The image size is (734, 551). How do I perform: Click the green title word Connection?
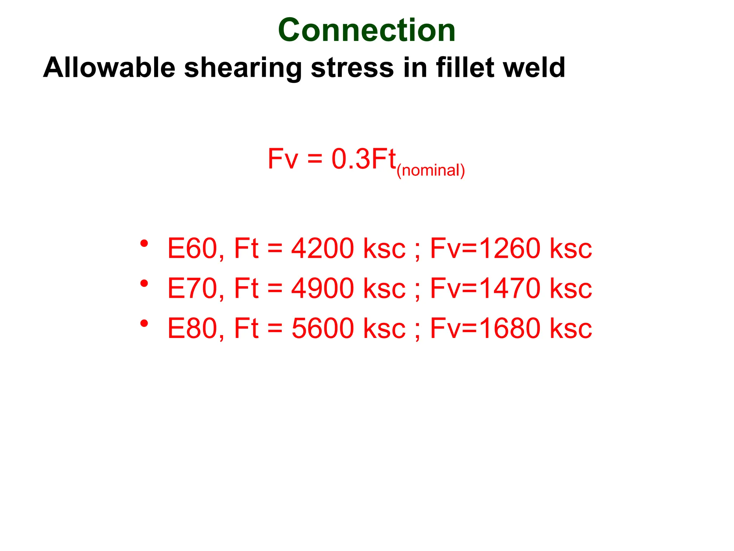[367, 30]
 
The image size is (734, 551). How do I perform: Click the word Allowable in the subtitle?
[109, 67]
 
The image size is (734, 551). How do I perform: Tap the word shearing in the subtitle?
[243, 68]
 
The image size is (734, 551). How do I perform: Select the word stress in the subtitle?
[352, 67]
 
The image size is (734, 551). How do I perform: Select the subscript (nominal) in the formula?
[431, 170]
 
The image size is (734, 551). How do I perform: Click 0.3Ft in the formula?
[363, 159]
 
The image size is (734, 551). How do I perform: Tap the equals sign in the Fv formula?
[315, 159]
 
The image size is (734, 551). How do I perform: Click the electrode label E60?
[192, 248]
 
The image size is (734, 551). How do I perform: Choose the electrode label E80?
[192, 328]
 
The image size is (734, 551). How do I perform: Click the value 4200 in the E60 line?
[323, 248]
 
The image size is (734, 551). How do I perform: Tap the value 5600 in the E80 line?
[323, 328]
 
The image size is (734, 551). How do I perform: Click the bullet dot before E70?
[144, 284]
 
